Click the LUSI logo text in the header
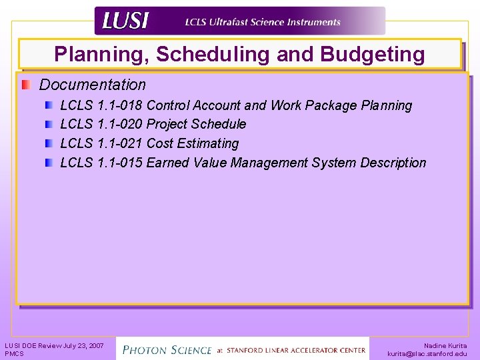click(x=125, y=21)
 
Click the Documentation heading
click(x=92, y=85)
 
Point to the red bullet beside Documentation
click(x=25, y=85)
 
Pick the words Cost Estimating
click(x=192, y=143)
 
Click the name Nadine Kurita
click(x=445, y=345)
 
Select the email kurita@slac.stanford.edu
click(x=427, y=354)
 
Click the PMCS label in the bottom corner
click(x=14, y=354)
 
